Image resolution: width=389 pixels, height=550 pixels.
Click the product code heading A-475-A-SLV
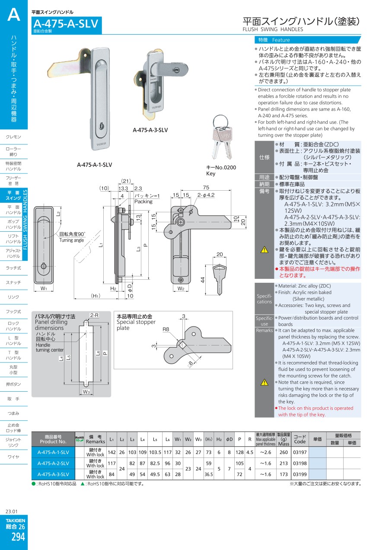tap(66, 24)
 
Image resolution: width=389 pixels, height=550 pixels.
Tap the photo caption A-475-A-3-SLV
tap(150, 130)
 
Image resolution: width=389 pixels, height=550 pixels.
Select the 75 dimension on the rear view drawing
tap(206, 187)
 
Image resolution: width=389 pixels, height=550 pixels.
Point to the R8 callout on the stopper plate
tap(166, 329)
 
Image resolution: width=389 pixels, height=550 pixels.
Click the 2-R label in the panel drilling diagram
tap(94, 315)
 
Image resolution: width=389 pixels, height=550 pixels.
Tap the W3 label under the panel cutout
tap(86, 392)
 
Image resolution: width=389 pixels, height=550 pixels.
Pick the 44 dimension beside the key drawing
tap(202, 280)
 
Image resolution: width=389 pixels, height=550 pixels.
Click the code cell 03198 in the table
tap(300, 464)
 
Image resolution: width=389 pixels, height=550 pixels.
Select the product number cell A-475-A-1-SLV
tap(53, 452)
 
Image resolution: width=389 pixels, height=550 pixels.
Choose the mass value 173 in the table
tap(284, 474)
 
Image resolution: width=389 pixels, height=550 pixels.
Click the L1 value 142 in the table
tap(112, 452)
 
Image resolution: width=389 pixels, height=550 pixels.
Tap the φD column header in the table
tap(229, 439)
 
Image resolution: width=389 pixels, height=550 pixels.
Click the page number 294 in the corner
tap(18, 537)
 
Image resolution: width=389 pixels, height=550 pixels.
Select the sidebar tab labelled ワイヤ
tap(13, 457)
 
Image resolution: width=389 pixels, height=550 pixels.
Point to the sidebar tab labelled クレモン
tap(13, 137)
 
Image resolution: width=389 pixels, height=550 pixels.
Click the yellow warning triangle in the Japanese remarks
tap(265, 250)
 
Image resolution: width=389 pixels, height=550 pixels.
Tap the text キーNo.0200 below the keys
tap(221, 167)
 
